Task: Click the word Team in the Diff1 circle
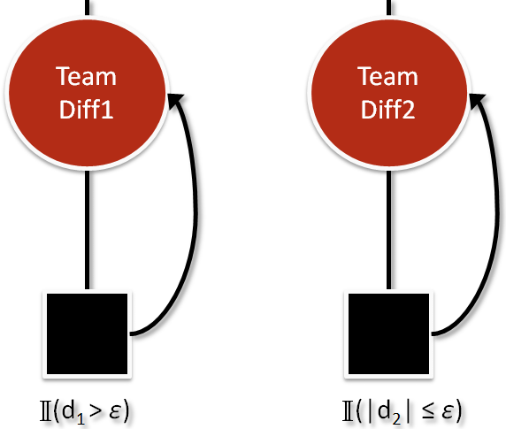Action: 86,76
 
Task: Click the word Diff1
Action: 86,110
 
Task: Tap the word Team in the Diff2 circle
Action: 387,76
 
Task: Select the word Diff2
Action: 387,110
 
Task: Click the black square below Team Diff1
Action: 87,333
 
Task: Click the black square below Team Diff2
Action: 389,333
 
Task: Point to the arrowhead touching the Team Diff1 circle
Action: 175,100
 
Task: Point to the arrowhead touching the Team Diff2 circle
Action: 477,100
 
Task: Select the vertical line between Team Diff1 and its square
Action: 87,230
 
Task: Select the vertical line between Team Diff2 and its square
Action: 389,230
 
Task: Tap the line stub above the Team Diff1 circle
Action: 87,8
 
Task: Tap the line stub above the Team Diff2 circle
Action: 389,8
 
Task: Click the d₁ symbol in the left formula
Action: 73,412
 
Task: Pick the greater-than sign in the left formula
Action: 96,411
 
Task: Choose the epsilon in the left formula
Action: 116,411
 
